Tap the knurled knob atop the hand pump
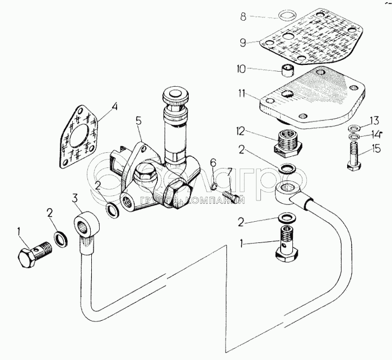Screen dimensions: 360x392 tap(174, 96)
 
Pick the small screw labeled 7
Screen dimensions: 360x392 tap(230, 197)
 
